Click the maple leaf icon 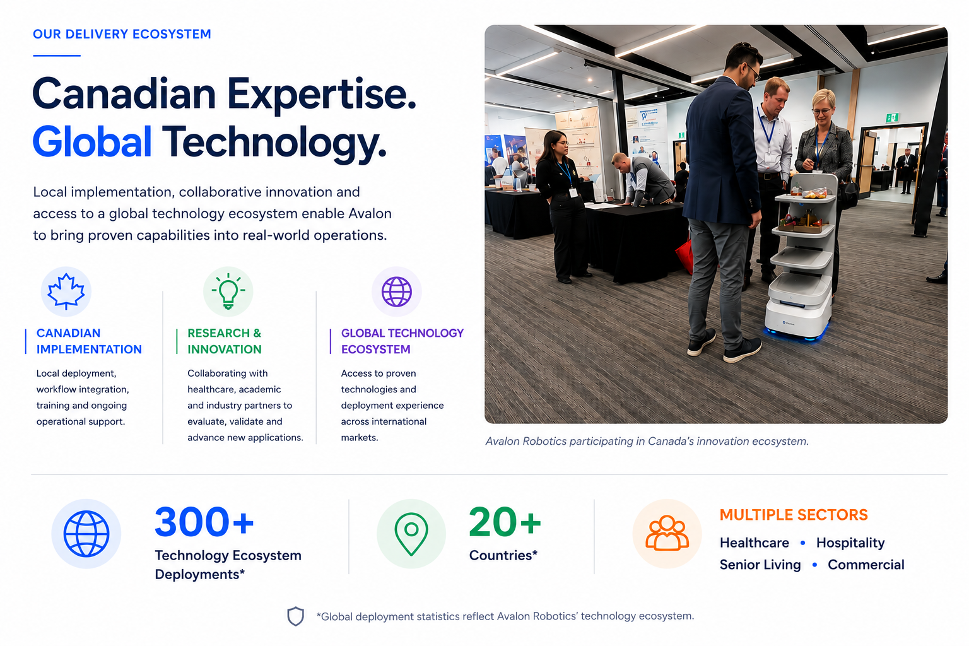66,291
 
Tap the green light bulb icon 228,291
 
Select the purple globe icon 397,291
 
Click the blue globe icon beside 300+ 86,534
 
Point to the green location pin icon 411,534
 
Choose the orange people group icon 667,533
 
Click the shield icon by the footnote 295,616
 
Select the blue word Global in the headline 92,141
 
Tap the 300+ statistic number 204,522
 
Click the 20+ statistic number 505,522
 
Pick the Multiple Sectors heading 794,515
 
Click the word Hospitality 850,543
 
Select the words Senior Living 760,565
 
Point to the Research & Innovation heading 225,341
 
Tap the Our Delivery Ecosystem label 122,34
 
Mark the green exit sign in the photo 892,117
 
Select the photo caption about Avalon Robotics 647,442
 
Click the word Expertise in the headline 321,95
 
